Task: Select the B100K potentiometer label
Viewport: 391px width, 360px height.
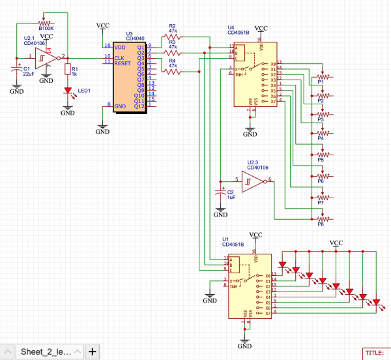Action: click(46, 28)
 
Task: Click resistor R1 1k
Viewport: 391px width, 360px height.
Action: click(67, 70)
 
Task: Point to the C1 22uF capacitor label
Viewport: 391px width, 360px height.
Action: click(28, 71)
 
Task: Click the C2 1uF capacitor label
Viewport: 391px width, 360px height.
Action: click(230, 194)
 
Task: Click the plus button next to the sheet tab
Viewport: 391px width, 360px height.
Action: click(93, 352)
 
